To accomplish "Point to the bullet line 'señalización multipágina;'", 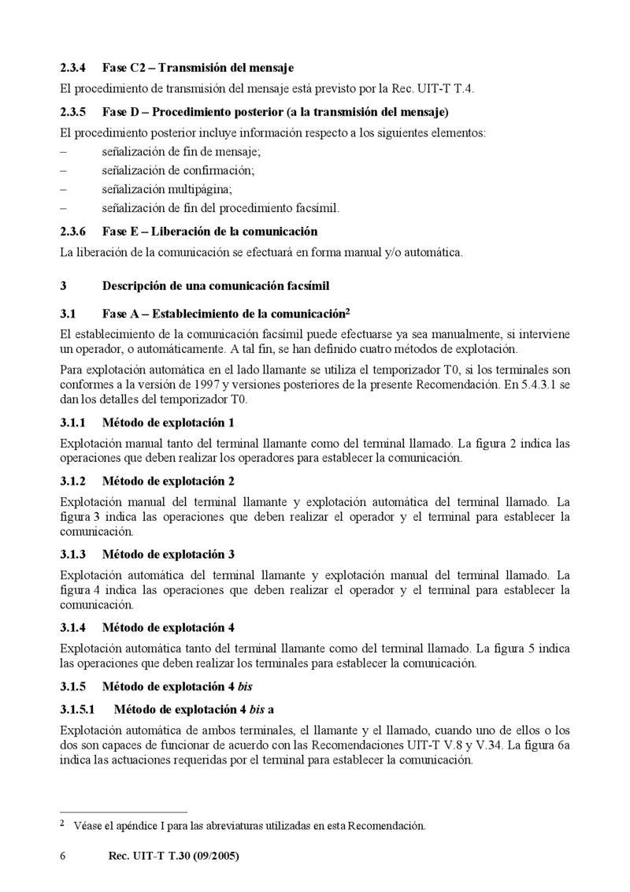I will (x=167, y=189).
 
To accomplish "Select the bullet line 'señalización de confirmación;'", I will (x=178, y=169).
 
